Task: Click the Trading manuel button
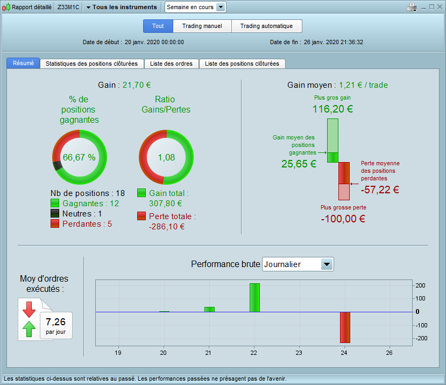click(202, 26)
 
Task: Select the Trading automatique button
click(266, 26)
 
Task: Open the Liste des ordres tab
click(171, 64)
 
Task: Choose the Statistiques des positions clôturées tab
click(91, 64)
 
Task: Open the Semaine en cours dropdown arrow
click(221, 7)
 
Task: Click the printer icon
click(412, 7)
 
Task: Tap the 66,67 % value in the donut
click(79, 157)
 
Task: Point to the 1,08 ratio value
click(166, 157)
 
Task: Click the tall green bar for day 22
click(254, 298)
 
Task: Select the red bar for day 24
click(345, 327)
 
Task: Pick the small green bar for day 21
click(209, 310)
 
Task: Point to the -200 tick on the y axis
click(421, 338)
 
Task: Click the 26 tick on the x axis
click(389, 353)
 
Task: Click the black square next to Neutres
click(55, 213)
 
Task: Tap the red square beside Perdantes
click(55, 223)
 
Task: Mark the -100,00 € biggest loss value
click(343, 219)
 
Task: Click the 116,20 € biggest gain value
click(332, 109)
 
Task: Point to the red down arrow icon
click(29, 309)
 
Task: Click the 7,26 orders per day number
click(56, 322)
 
